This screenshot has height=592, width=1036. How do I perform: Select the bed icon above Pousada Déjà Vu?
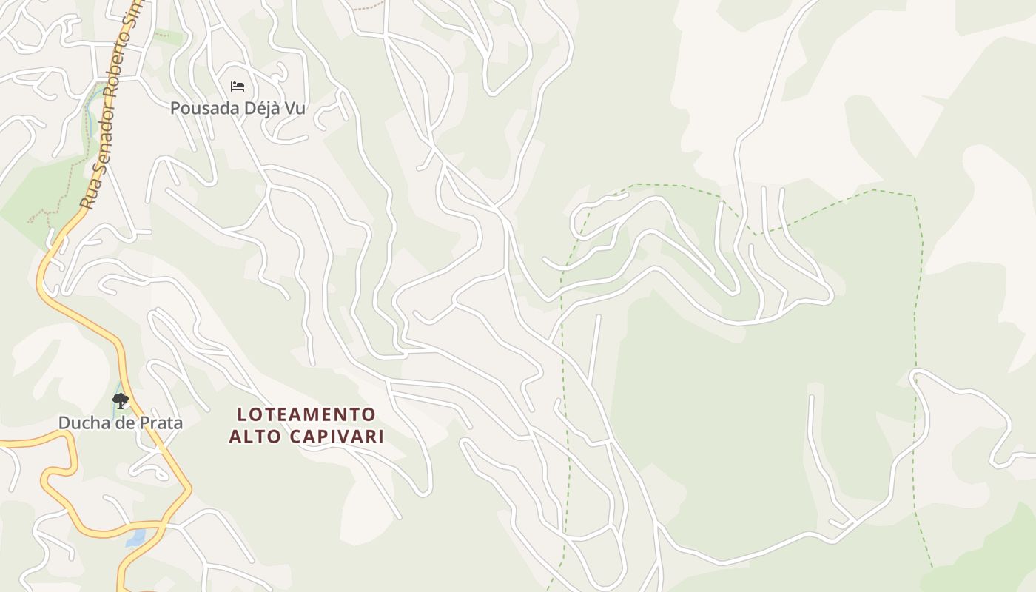point(238,87)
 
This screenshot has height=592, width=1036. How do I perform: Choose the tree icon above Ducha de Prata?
point(121,402)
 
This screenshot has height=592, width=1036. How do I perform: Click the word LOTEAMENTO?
point(306,414)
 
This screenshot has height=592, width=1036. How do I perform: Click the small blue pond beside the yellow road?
point(135,539)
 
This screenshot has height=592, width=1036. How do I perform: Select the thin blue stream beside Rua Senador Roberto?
point(90,111)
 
